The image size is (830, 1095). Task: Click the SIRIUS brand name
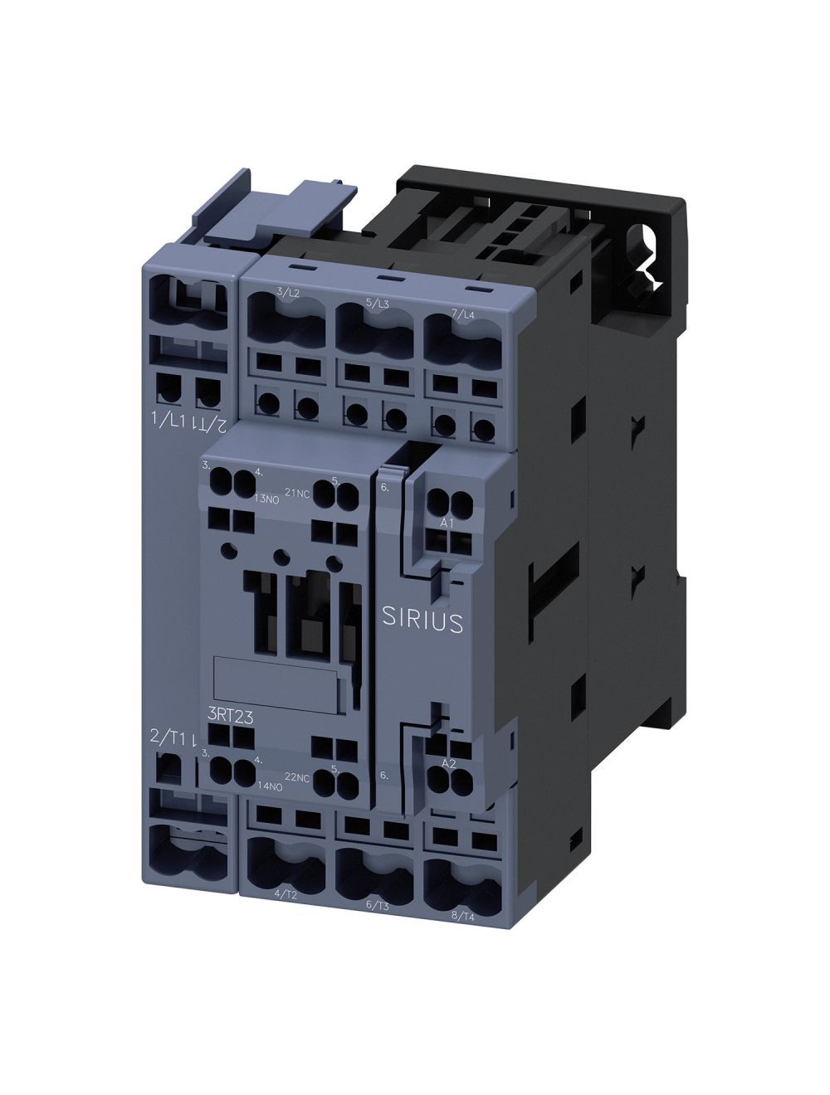click(422, 621)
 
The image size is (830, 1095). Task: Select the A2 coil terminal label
click(448, 762)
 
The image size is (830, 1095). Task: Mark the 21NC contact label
click(297, 493)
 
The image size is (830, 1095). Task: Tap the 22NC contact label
click(297, 776)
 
